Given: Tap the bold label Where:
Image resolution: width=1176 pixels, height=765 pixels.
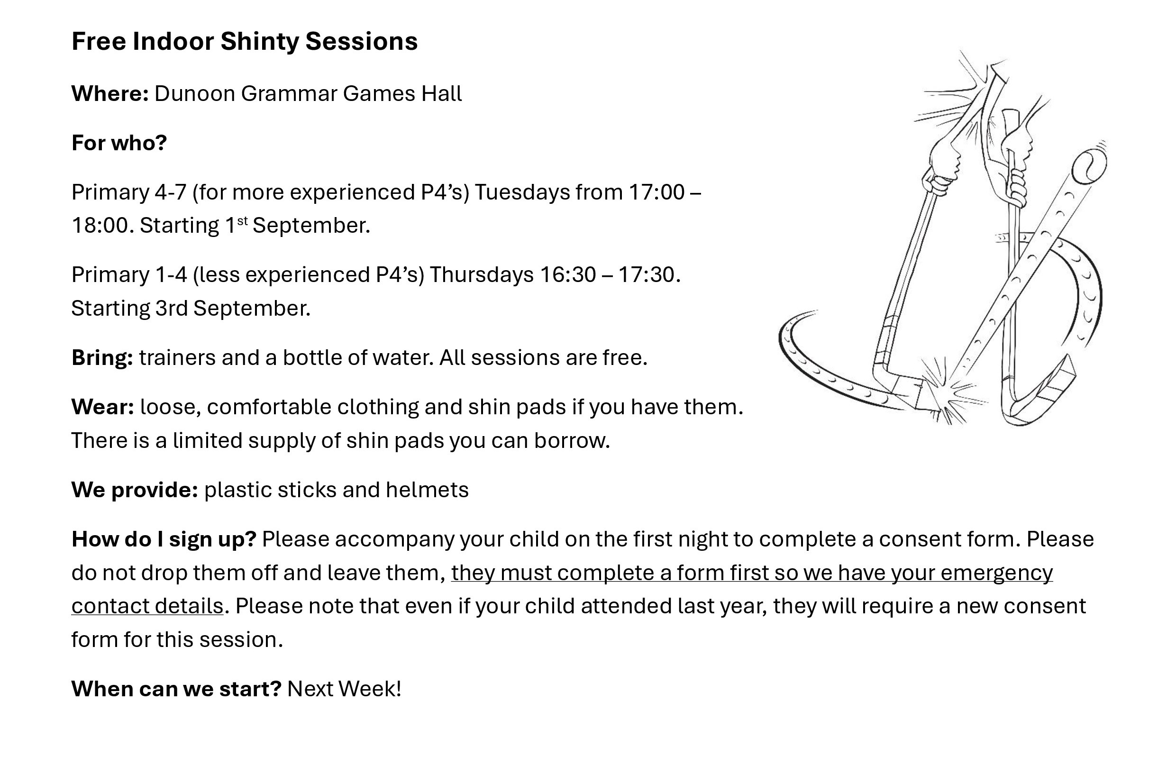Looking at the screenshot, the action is click(109, 93).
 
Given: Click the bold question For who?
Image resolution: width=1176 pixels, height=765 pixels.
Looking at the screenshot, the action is click(119, 143).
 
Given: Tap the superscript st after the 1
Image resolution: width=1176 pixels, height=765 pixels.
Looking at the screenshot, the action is click(242, 220).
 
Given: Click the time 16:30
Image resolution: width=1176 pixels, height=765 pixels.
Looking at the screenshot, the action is click(567, 275).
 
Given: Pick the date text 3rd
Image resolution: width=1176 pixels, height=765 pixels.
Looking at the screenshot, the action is click(172, 309).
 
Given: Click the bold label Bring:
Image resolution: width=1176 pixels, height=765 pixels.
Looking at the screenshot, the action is click(102, 358).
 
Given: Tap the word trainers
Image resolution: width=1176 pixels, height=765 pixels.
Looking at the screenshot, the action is click(177, 358).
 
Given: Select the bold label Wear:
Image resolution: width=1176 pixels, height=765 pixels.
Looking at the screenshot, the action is click(103, 407).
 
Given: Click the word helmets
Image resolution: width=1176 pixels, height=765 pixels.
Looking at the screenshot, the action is click(428, 490).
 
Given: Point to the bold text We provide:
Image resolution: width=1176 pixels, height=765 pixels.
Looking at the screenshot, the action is click(135, 490).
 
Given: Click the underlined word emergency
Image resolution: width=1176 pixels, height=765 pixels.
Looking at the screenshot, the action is click(997, 573).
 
